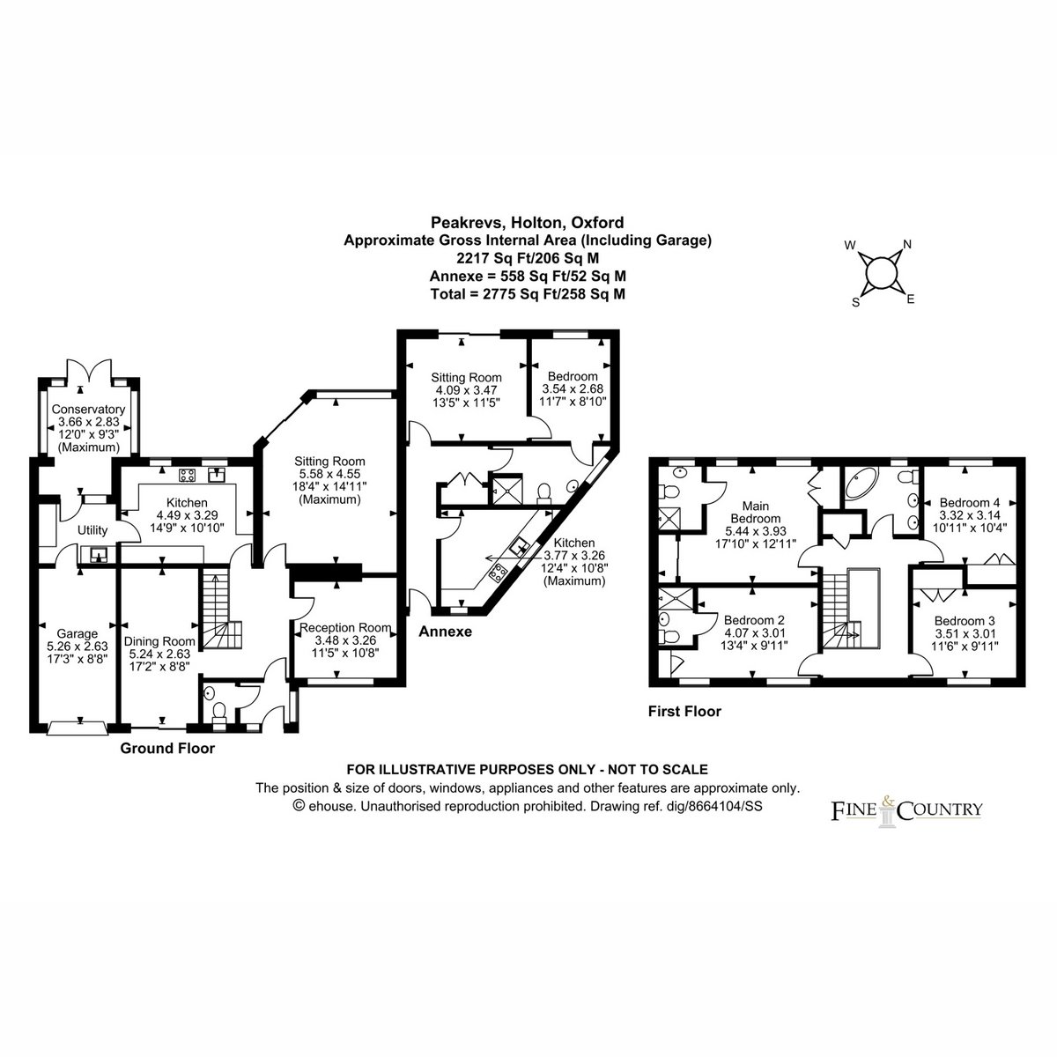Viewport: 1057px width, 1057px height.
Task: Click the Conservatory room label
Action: pos(88,410)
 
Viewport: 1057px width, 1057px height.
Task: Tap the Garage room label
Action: pos(77,634)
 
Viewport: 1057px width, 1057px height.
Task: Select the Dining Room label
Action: pos(159,641)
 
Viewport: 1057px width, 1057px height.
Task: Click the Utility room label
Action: pos(92,530)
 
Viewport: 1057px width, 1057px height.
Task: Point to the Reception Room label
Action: pos(345,627)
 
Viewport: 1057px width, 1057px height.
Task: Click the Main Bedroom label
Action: pos(755,512)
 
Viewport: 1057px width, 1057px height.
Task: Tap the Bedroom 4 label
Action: pos(970,502)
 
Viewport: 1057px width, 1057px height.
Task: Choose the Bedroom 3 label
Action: pos(965,621)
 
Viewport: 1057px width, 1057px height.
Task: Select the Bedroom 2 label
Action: pos(754,620)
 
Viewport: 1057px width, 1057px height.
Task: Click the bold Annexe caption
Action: pos(446,632)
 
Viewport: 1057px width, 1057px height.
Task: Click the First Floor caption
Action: pos(684,712)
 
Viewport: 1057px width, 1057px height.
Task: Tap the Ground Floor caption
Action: pos(167,748)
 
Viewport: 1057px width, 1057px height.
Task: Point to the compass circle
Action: pos(881,272)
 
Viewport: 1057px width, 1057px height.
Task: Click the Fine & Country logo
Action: pos(906,810)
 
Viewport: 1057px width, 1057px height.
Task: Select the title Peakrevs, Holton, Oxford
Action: pos(527,223)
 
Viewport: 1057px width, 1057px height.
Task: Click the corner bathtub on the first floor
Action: pos(861,484)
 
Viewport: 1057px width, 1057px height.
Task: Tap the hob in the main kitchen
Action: pos(188,475)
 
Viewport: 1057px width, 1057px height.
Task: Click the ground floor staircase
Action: pos(219,609)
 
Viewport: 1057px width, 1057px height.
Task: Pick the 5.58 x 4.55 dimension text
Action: pos(329,474)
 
